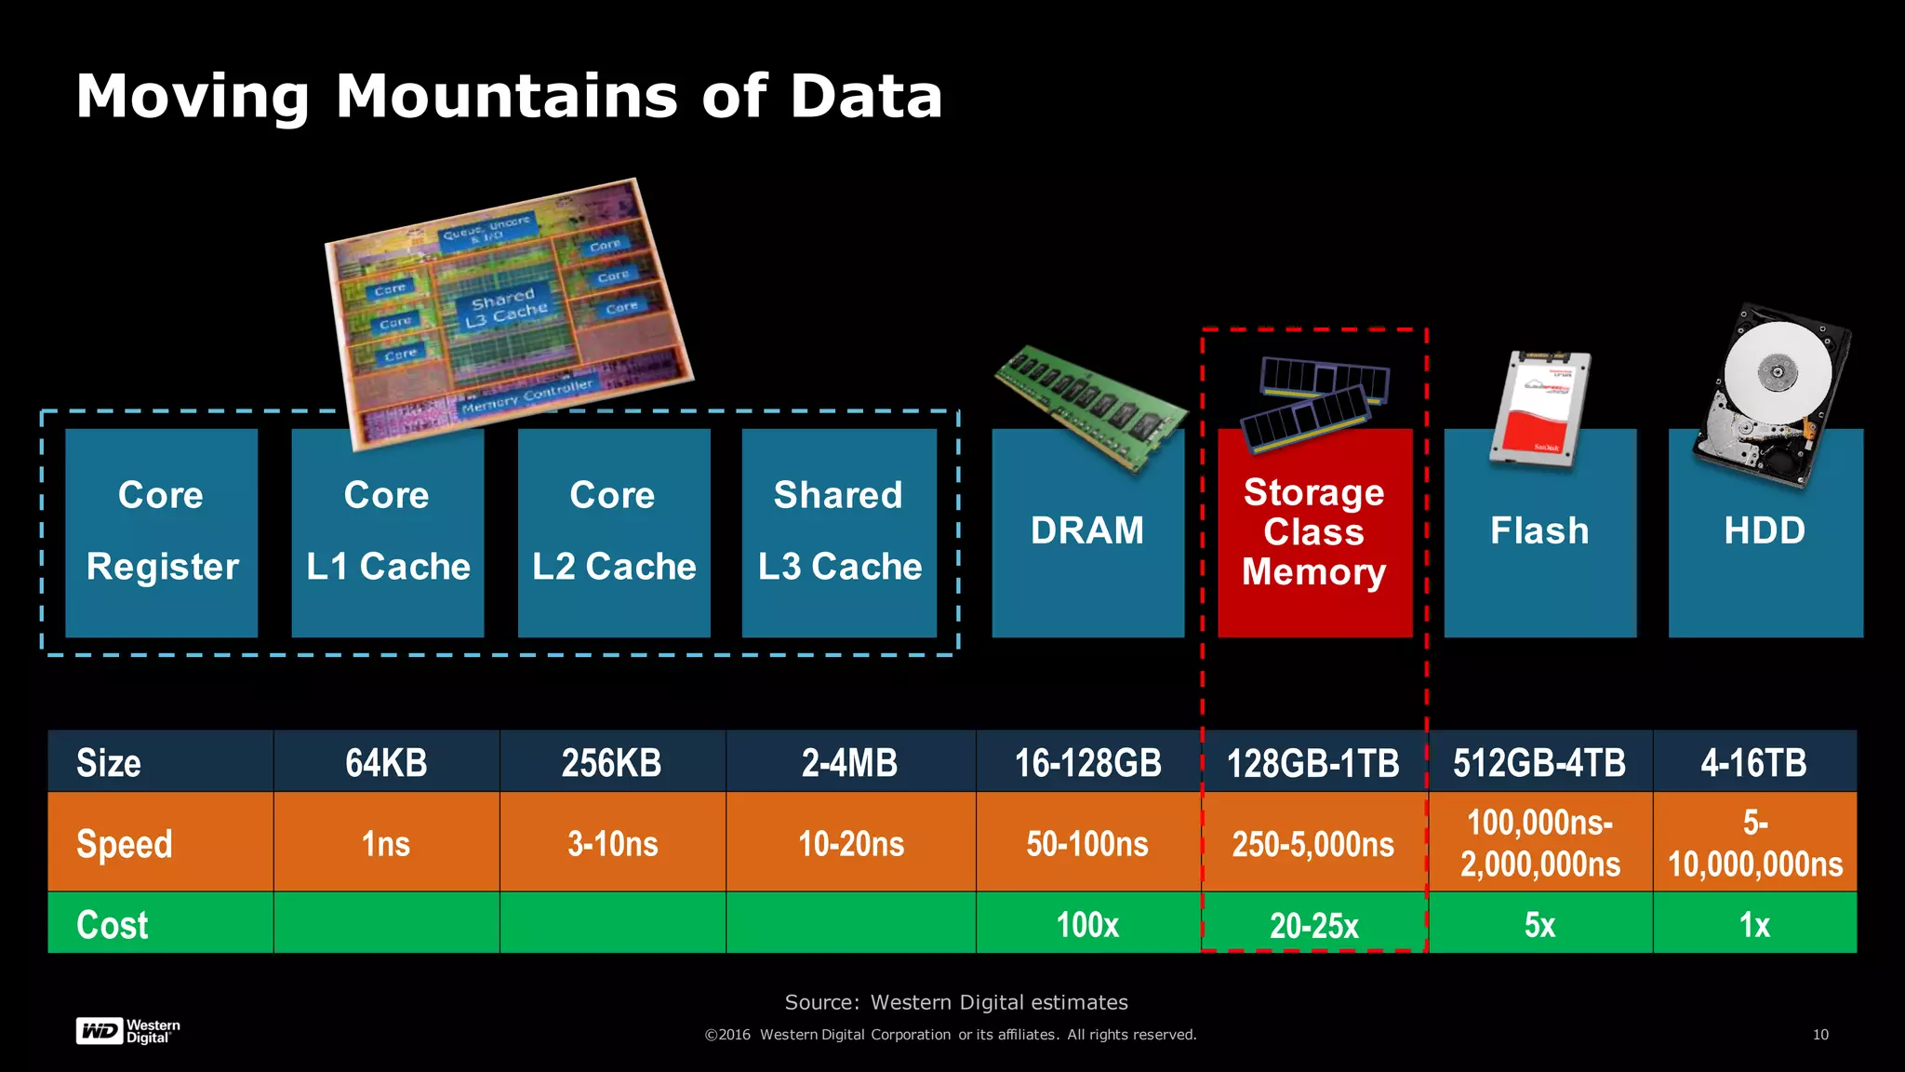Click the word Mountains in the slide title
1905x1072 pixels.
(508, 97)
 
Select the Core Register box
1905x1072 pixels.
(161, 532)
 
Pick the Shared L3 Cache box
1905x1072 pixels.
(839, 532)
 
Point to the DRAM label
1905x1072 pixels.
(1086, 531)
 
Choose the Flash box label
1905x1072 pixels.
(1539, 531)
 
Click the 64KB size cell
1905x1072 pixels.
(386, 763)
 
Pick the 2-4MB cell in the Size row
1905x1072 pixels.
(849, 763)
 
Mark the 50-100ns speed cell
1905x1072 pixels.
(1086, 844)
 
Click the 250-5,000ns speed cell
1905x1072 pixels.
(1312, 844)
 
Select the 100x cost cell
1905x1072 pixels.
(1086, 925)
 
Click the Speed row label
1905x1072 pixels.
(125, 844)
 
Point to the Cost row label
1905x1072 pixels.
(113, 925)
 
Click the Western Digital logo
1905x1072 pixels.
(127, 1031)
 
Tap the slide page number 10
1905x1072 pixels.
(1820, 1035)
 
